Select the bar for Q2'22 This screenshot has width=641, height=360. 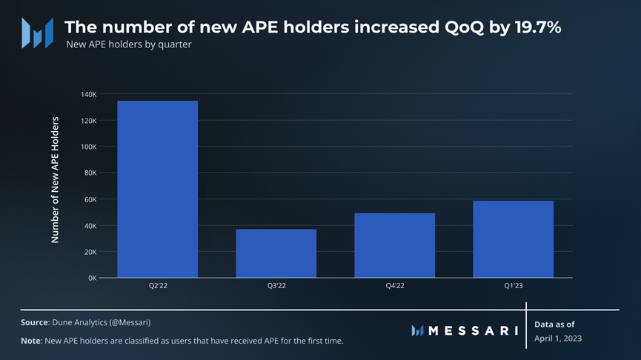tap(158, 189)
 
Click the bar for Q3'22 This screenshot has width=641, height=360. tap(276, 253)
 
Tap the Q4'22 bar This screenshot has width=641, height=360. tap(395, 245)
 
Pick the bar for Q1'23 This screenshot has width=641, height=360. tap(514, 239)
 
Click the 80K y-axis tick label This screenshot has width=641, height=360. tap(90, 173)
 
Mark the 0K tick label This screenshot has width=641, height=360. tap(92, 278)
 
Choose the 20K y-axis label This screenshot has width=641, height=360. tap(90, 252)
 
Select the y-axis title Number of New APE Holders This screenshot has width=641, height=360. tap(55, 179)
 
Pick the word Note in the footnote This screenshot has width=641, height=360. tap(32, 340)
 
